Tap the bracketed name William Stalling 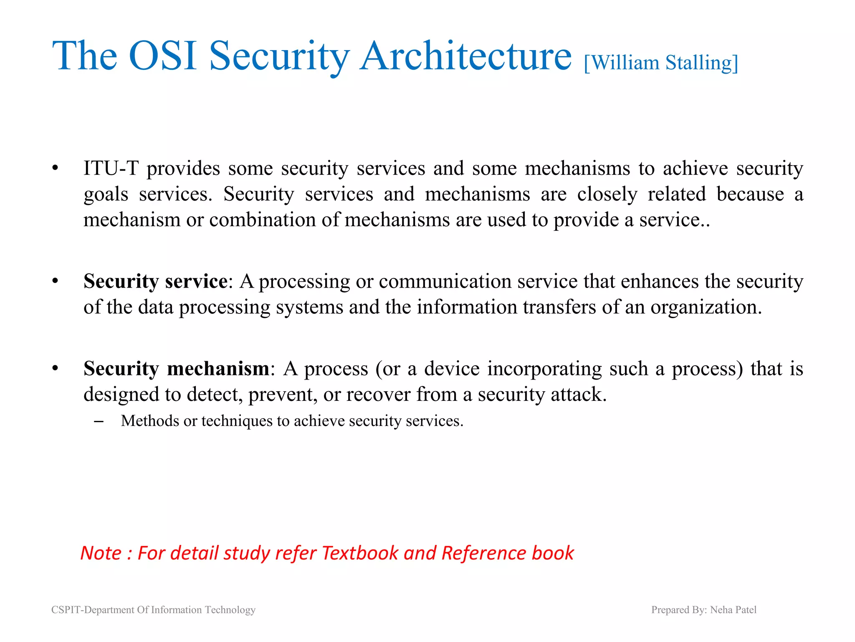coord(661,63)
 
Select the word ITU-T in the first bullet coord(111,168)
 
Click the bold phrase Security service coord(155,281)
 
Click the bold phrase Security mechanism coord(176,369)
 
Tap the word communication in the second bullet coord(445,281)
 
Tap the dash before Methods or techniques coord(99,421)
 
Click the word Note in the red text coord(101,553)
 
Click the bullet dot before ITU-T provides coord(55,168)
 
